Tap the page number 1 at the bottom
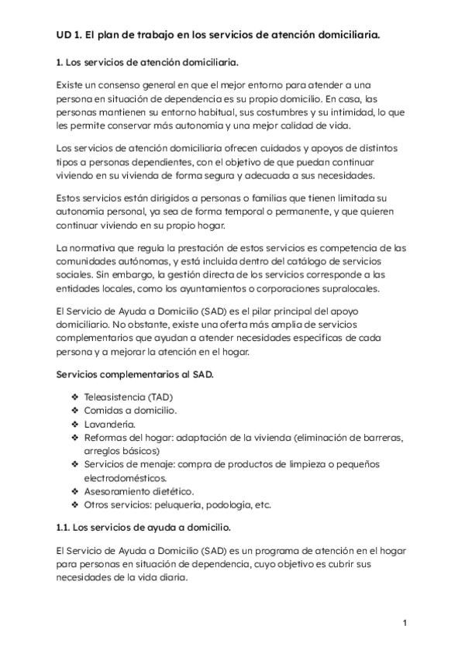pos(405,622)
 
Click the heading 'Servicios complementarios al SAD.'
pos(136,375)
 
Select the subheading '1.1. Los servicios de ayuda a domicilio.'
pos(143,528)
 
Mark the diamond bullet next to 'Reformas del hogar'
pos(75,438)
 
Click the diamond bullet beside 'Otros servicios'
pos(75,504)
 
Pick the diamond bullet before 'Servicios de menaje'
pos(75,464)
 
